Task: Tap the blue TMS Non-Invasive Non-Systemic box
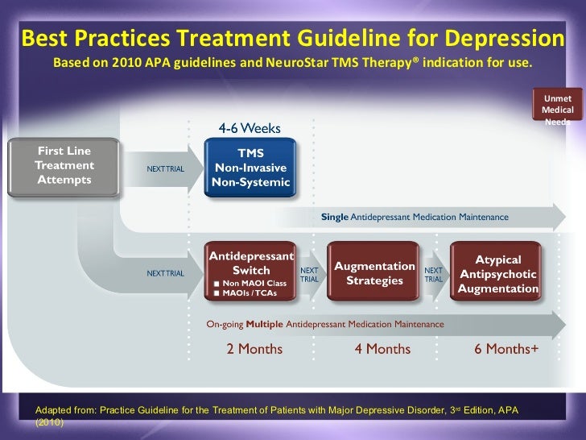coord(250,168)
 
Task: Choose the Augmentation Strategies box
coord(373,273)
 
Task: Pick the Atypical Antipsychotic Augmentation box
coord(497,274)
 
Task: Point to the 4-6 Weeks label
coord(250,128)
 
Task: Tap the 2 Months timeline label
coord(254,349)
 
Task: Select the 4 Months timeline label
coord(382,349)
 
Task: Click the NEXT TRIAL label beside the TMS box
coord(165,168)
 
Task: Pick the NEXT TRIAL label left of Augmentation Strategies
coord(310,274)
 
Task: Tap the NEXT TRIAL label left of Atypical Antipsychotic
coord(434,274)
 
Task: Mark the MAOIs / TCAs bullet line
coord(246,294)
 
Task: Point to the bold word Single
coord(334,217)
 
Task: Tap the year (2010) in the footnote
coord(49,422)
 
